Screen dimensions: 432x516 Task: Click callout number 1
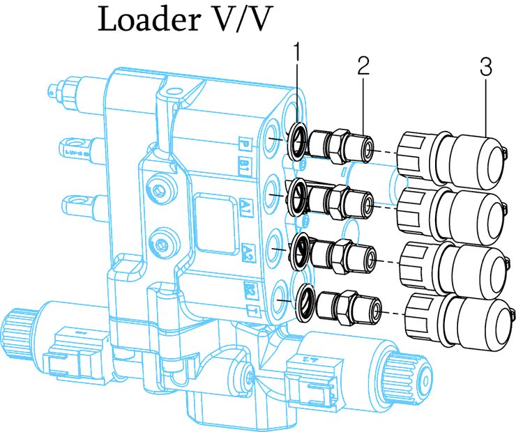click(297, 52)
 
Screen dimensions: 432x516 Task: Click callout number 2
click(363, 67)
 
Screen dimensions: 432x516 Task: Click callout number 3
click(486, 67)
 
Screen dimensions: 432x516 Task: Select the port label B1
click(246, 167)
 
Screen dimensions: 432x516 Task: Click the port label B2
click(248, 288)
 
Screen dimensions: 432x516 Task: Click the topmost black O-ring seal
click(296, 142)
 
